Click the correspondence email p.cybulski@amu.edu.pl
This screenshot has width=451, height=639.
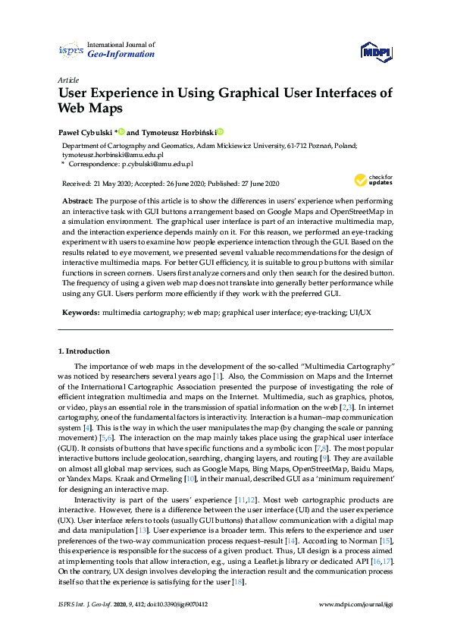pyautogui.click(x=155, y=163)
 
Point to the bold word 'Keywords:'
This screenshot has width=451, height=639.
pyautogui.click(x=80, y=313)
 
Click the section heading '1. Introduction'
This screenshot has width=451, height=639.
pyautogui.click(x=84, y=351)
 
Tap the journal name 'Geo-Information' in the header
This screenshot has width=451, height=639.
pyautogui.click(x=121, y=55)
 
